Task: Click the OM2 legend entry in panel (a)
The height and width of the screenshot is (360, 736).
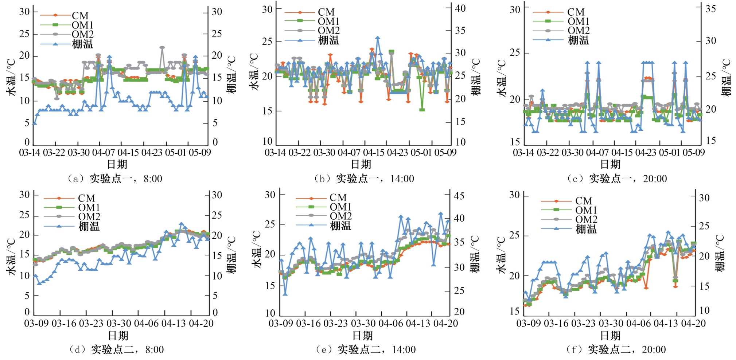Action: click(x=82, y=34)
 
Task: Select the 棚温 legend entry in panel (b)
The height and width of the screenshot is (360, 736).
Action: click(x=328, y=40)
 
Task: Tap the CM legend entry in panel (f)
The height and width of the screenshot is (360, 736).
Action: click(x=583, y=201)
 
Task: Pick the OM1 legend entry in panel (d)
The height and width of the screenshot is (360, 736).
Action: click(x=89, y=207)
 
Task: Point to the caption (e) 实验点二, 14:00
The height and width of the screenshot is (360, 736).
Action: click(x=365, y=349)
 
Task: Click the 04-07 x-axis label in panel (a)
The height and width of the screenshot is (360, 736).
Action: click(x=104, y=152)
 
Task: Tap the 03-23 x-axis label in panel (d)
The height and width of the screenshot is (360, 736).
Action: click(x=91, y=323)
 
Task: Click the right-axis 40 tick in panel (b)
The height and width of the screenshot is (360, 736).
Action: click(x=460, y=8)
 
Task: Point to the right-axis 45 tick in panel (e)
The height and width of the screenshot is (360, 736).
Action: click(x=459, y=196)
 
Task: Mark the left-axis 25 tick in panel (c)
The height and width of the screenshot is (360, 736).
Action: click(x=515, y=53)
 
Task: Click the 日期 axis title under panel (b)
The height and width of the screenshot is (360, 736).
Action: click(x=361, y=164)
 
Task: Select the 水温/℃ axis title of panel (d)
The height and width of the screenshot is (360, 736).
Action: click(x=11, y=257)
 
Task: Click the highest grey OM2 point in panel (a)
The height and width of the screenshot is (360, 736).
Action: click(x=162, y=48)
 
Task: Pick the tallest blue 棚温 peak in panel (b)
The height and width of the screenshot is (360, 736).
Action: click(x=378, y=38)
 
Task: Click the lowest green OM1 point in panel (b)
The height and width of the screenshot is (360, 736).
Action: click(x=422, y=109)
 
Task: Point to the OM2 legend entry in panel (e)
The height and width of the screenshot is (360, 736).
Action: click(x=340, y=216)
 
